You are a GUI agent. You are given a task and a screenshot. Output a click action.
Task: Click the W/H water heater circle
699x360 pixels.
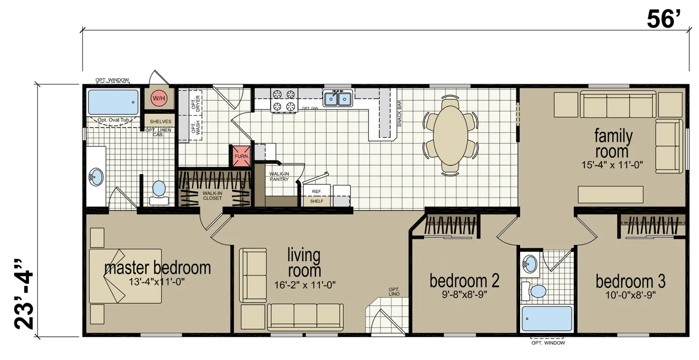(159, 98)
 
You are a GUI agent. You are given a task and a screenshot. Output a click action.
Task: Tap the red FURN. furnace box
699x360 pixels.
(241, 156)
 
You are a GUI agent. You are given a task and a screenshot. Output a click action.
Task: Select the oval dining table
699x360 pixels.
(450, 136)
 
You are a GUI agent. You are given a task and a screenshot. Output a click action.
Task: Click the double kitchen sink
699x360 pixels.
(338, 98)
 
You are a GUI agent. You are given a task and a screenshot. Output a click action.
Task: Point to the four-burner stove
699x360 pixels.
(284, 101)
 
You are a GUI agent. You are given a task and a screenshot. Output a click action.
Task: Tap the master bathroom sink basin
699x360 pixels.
(96, 177)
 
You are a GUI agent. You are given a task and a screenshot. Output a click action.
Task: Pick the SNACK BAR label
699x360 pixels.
(399, 114)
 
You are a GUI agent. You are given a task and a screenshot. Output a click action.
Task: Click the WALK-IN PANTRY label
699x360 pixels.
(279, 177)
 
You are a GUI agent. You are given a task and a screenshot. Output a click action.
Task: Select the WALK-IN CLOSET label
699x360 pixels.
(212, 196)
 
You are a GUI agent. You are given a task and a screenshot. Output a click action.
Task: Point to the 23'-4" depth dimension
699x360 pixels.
(24, 294)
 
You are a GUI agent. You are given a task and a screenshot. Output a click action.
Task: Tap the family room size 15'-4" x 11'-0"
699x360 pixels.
(612, 165)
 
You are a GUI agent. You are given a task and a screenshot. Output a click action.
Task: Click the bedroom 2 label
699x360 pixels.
(464, 280)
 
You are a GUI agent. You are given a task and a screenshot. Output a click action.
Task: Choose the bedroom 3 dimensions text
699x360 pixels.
(630, 295)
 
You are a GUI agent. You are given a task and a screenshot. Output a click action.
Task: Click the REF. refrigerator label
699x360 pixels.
(317, 191)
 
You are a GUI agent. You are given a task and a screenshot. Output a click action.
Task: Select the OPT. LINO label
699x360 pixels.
(394, 292)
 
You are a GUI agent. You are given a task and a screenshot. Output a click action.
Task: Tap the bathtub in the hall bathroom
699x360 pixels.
(547, 319)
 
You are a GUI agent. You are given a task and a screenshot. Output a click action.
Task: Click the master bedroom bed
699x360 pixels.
(125, 276)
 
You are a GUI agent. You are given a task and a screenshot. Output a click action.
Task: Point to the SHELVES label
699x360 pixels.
(160, 122)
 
